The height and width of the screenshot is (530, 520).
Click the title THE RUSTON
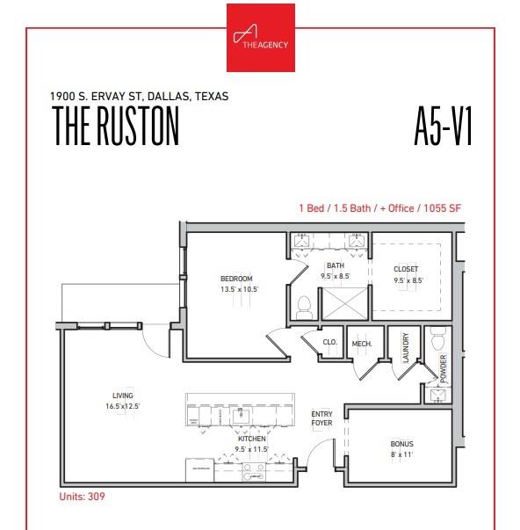pyautogui.click(x=116, y=126)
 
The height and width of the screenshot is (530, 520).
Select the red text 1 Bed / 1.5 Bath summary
pyautogui.click(x=379, y=208)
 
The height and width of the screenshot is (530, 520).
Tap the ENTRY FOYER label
pyautogui.click(x=322, y=418)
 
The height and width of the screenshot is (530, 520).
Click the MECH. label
pyautogui.click(x=361, y=343)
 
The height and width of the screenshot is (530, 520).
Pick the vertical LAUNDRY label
pyautogui.click(x=406, y=348)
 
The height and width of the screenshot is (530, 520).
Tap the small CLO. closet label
pyautogui.click(x=330, y=342)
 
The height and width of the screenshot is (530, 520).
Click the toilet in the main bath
pyautogui.click(x=305, y=307)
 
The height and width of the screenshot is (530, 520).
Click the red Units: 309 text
pyautogui.click(x=83, y=497)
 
